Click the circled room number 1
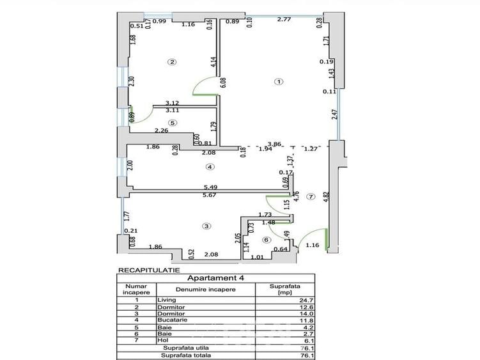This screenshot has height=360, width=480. pos(279,82)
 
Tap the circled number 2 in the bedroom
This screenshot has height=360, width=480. pos(172,62)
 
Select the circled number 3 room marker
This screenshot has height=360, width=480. pos(206,226)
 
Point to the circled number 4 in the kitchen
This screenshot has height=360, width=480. pos(210,167)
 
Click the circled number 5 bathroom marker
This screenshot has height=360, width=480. pos(173,123)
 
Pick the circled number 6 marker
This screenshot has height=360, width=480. pos(267,240)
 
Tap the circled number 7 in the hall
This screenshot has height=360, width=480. pos(311,197)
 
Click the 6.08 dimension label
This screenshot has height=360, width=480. pos(223,82)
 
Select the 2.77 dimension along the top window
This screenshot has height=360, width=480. pos(284,19)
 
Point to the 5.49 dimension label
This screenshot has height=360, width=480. pos(211,187)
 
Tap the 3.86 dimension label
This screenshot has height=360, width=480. pos(274,144)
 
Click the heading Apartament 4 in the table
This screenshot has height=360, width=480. pos(215,278)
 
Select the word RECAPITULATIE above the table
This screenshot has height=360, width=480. pos(149,270)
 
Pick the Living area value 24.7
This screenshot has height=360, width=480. pos(306,301)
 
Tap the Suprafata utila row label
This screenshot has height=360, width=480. pos(186,348)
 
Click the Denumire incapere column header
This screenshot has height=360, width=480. pos(206,290)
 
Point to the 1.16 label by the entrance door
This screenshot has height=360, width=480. pos(313,245)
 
